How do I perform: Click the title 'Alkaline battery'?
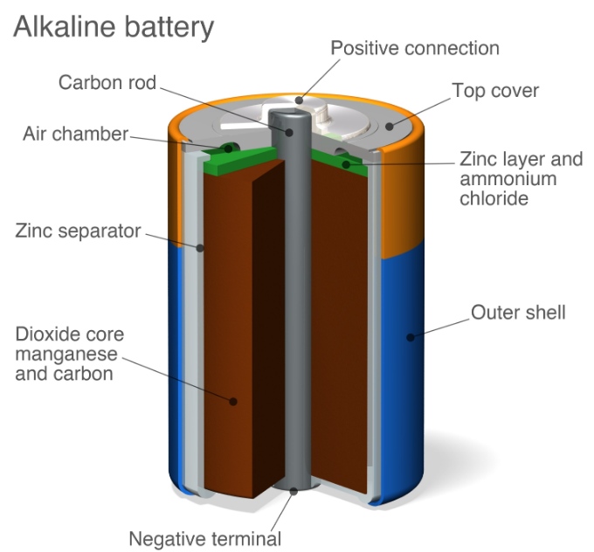pos(113,27)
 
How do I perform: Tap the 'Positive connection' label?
pos(415,48)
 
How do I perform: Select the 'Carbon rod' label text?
pos(107,83)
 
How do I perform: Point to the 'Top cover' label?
pos(495,91)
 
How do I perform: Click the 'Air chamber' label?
pos(76,135)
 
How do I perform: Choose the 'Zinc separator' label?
pos(78,231)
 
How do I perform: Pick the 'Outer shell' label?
pos(518,312)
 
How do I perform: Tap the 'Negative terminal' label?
pos(205,538)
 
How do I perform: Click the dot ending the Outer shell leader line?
pos(408,335)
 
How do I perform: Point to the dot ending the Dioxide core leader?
pos(233,402)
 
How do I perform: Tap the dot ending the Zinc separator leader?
pos(200,248)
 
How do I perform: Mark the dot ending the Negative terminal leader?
pos(293,493)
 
